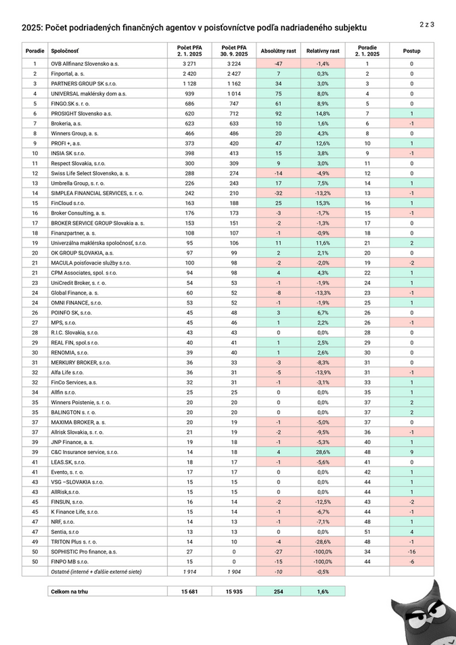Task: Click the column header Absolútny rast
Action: [x=278, y=51]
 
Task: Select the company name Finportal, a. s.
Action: [x=67, y=73]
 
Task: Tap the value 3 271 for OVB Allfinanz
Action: [x=189, y=63]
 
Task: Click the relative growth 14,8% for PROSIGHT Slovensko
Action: [x=322, y=114]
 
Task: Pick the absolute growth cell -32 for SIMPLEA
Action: [x=278, y=193]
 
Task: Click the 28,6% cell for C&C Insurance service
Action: [x=322, y=451]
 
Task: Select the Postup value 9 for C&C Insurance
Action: [x=411, y=451]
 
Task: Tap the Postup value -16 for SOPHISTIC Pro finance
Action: [x=411, y=552]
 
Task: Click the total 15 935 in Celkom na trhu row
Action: [x=233, y=592]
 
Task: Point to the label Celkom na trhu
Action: [x=69, y=592]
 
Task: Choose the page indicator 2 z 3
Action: [x=426, y=24]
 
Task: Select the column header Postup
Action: [x=411, y=51]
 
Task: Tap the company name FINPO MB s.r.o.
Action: [x=70, y=562]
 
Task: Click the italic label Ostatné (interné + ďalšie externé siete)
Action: [x=96, y=572]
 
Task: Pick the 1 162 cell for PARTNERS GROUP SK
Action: [x=233, y=83]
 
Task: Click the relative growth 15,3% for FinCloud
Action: [x=322, y=203]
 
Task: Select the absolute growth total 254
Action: [x=278, y=592]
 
